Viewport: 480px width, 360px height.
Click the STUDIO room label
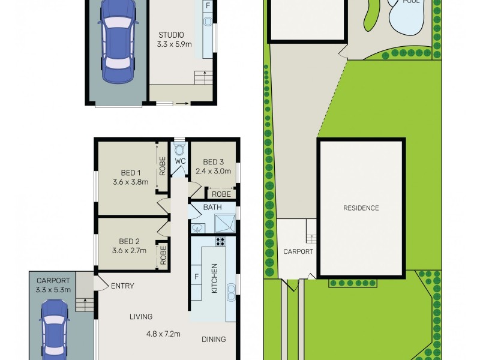coord(172,34)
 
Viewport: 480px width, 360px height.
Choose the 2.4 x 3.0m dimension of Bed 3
coord(214,171)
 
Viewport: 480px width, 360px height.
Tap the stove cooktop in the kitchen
coord(220,242)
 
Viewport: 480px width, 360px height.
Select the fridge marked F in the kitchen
coord(197,278)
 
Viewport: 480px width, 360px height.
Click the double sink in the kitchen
coord(230,292)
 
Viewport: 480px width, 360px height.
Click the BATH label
coord(212,208)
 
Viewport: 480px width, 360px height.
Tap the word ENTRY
coord(122,286)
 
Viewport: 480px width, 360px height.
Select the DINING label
coord(214,339)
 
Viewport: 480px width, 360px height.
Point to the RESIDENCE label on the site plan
coord(361,208)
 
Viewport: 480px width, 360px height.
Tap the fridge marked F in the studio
coord(208,5)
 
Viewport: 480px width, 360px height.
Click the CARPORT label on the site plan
coord(298,252)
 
